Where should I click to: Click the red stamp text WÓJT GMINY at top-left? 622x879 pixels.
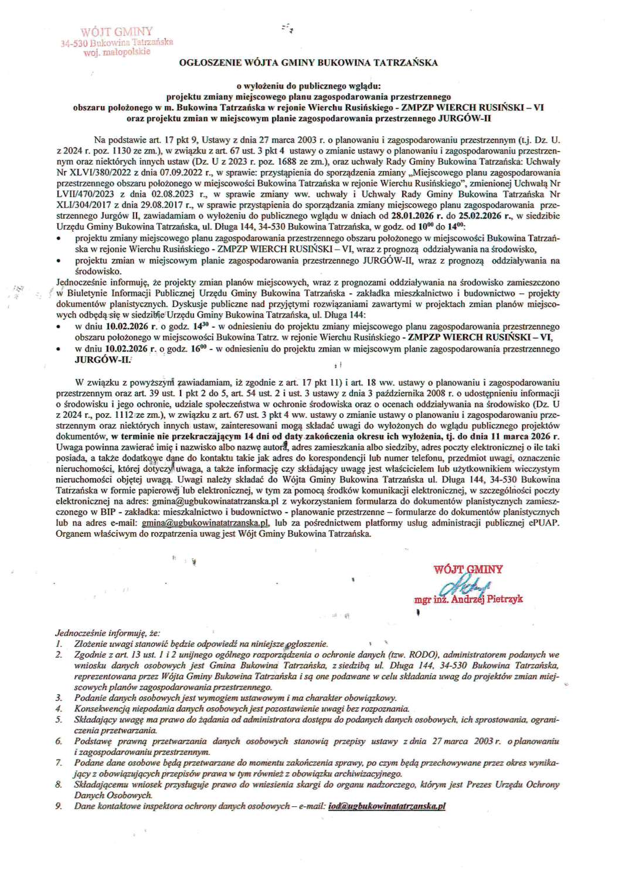coord(117,32)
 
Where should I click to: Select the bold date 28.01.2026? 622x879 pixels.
coord(414,216)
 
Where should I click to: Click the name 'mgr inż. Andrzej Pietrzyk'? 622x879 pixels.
coord(468,599)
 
